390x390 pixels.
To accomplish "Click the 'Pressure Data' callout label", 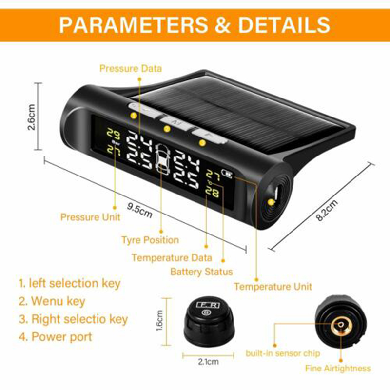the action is [131, 68].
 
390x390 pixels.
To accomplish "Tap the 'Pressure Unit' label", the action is [90, 217].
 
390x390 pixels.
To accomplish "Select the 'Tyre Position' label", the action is [150, 240].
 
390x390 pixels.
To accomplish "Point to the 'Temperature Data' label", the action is [172, 258].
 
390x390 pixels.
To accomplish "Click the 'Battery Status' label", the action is [201, 272].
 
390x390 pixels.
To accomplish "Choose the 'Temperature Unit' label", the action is [273, 287].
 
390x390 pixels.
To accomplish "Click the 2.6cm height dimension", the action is [32, 117].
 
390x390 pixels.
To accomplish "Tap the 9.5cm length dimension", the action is [139, 211].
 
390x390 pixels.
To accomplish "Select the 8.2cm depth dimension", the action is [327, 210].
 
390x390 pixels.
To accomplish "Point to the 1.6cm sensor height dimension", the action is [159, 320].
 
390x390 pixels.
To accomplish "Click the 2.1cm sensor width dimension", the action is [209, 362].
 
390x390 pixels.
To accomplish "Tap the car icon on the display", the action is [162, 159].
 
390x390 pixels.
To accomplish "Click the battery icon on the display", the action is [227, 174].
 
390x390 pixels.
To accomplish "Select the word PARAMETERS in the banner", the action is [133, 25].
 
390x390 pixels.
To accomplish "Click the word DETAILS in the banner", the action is [284, 25].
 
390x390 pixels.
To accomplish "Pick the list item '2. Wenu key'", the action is [52, 301].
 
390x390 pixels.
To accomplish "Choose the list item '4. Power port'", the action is [56, 337].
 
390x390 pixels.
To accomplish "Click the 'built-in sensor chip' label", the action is [283, 353].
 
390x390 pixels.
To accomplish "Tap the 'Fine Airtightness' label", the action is [338, 368].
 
